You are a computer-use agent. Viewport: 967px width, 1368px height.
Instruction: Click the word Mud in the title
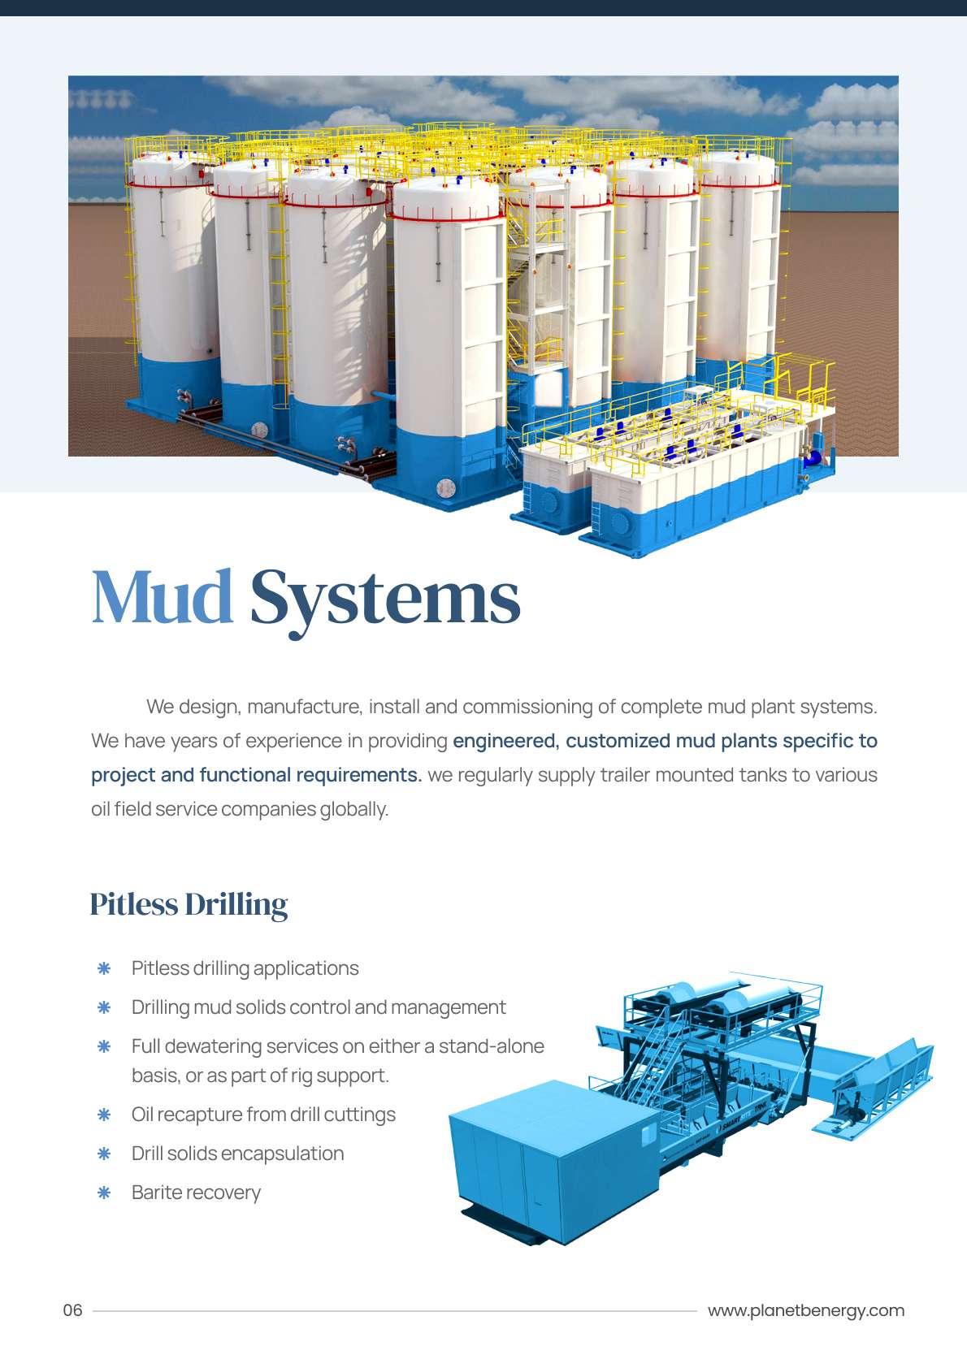(162, 597)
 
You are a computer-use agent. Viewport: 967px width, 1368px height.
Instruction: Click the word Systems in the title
(384, 597)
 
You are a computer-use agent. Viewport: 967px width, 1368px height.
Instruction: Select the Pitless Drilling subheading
(189, 904)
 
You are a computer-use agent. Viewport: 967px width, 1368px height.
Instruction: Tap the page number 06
(73, 1310)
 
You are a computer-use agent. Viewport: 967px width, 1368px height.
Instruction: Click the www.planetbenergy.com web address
(805, 1310)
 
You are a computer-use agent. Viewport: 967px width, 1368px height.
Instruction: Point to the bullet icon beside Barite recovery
(104, 1193)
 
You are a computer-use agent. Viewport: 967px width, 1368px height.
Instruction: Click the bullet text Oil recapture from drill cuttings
(263, 1115)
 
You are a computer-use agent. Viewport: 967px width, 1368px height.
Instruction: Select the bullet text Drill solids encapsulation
(237, 1154)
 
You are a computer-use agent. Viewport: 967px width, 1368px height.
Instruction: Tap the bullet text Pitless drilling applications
(245, 968)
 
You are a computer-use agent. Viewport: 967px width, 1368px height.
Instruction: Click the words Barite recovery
(196, 1193)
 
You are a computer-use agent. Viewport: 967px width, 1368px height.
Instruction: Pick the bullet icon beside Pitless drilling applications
(104, 968)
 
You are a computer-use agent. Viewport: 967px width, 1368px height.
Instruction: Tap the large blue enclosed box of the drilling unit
(553, 1154)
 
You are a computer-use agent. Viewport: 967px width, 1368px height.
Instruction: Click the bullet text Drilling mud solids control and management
(319, 1007)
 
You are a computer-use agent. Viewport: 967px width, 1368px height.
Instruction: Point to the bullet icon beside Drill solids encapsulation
(104, 1154)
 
